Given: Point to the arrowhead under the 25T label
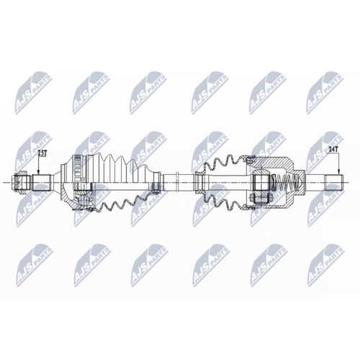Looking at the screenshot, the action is tap(39, 172).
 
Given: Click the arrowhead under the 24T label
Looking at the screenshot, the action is tap(338, 171).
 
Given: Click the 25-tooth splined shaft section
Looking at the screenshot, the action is tap(41, 183).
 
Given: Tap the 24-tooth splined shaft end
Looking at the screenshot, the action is tap(334, 182).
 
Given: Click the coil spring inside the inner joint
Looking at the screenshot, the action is tap(286, 182).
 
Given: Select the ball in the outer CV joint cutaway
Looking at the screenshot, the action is tap(84, 199).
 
